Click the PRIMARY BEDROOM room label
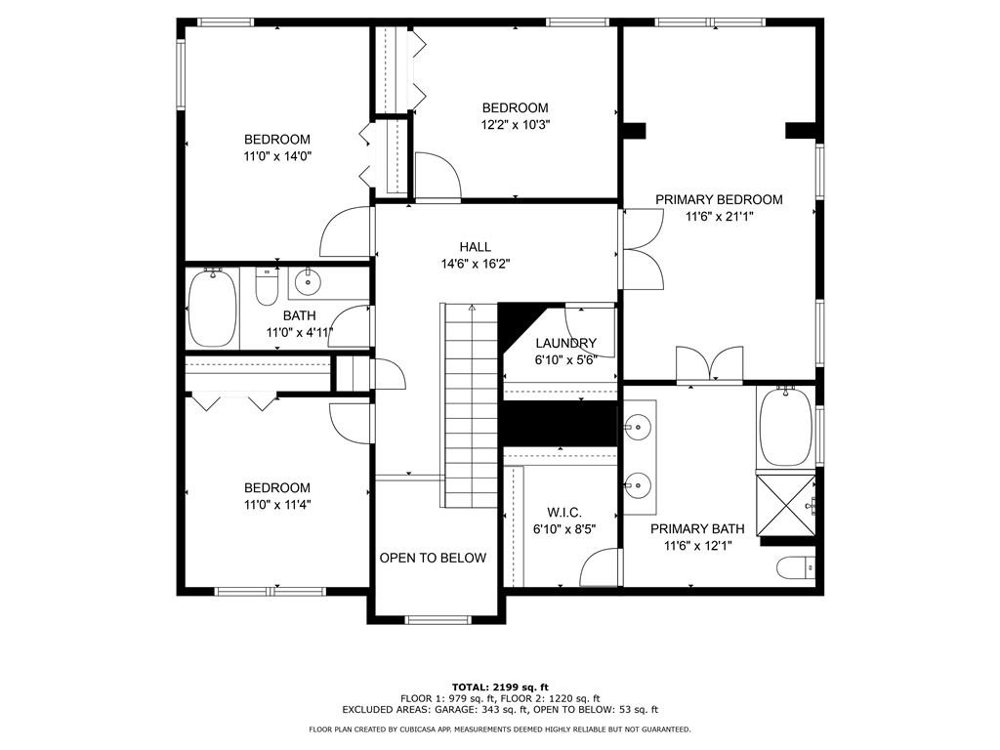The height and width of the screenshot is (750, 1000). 719,199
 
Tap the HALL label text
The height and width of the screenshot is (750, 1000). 476,247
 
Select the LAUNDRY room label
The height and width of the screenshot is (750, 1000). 565,343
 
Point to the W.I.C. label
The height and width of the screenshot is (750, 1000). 564,512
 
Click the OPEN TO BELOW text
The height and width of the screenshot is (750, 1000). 433,558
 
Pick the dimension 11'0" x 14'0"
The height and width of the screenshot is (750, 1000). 277,156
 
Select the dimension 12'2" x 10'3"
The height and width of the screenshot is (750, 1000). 516,125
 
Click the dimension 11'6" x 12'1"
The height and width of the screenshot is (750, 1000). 697,546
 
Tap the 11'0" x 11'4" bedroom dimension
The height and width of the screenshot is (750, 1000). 277,505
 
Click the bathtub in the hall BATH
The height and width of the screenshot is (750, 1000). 213,308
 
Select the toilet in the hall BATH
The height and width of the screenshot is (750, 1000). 267,286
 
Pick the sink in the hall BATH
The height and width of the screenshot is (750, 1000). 308,281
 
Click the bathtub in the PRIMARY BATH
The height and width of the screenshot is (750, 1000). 786,426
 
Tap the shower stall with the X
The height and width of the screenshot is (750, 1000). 786,505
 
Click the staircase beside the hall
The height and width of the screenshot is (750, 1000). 471,405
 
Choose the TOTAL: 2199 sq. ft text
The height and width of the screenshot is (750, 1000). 500,687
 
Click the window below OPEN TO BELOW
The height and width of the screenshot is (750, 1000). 437,619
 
